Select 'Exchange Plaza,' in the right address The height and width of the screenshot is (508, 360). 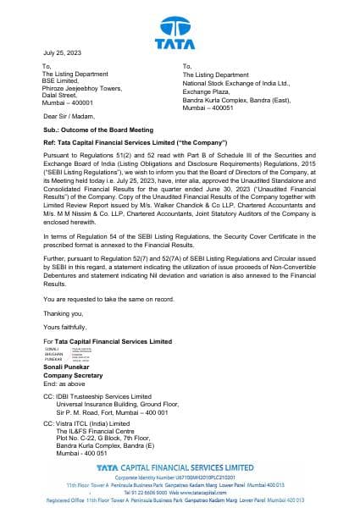click(206, 90)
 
